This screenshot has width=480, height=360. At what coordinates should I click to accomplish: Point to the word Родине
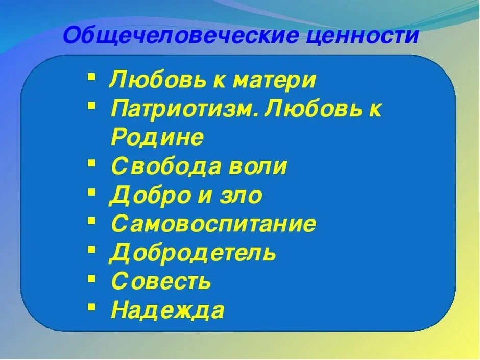[x=157, y=138]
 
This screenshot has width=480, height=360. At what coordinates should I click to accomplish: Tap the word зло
[x=240, y=196]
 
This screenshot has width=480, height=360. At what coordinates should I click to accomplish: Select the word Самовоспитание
[x=213, y=224]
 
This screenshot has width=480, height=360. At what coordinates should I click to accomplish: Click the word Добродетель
[x=193, y=253]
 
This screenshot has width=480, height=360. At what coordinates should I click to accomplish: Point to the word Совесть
[x=161, y=281]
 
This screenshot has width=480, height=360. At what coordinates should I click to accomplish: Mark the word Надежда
[x=167, y=310]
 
